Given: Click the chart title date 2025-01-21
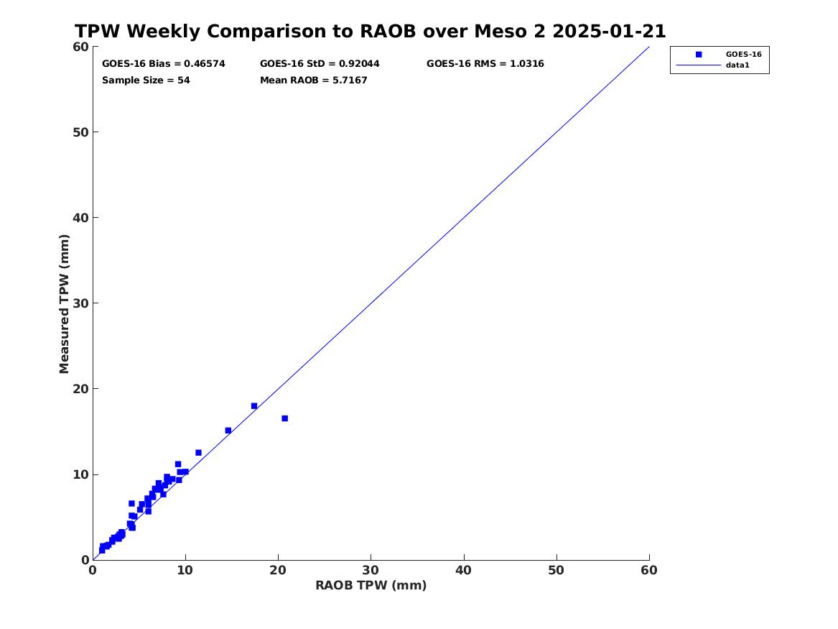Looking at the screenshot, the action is [x=609, y=31].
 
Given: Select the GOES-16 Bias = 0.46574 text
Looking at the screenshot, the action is [x=164, y=64].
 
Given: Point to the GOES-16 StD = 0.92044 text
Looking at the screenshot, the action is [x=320, y=64].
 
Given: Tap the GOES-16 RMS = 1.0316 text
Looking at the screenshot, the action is [x=485, y=64].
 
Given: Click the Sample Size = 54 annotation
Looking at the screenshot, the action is [x=146, y=81].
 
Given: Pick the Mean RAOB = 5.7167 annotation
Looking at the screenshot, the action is [x=314, y=81].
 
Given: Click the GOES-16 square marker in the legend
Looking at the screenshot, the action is [x=699, y=54].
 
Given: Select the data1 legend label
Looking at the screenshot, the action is [x=737, y=65].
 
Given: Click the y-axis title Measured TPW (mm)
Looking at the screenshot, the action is [x=64, y=304].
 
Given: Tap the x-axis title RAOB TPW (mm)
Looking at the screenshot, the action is [x=371, y=586].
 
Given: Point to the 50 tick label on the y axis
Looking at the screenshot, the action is [x=80, y=132].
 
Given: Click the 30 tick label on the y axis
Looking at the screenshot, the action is [x=80, y=303].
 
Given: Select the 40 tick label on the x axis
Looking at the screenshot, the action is [x=463, y=570].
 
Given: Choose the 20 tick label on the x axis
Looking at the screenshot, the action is [x=278, y=570].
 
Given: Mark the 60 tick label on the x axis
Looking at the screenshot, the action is [x=649, y=570].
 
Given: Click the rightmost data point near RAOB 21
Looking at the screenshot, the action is [x=285, y=418].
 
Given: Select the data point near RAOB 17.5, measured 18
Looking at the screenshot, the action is [x=254, y=406].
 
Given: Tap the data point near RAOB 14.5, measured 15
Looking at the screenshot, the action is [x=228, y=431].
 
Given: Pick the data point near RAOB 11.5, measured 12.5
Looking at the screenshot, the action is [x=198, y=452].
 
